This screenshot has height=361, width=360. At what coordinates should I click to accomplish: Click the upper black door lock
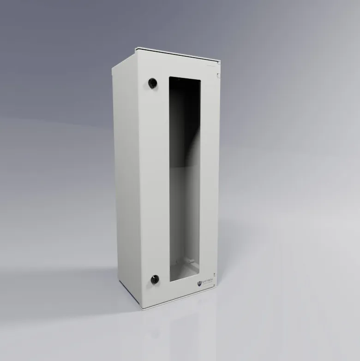(152, 83)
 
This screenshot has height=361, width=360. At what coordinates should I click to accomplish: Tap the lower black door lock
(155, 278)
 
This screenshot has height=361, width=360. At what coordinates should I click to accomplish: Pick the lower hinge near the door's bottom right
(215, 284)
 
